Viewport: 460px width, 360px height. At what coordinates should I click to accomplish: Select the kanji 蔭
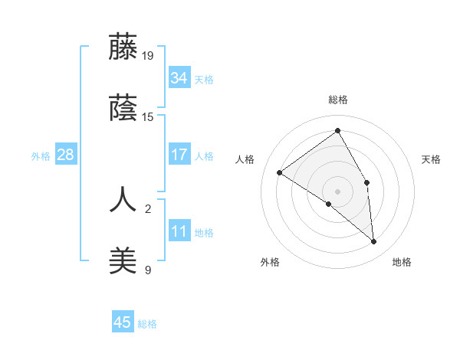(x=123, y=109)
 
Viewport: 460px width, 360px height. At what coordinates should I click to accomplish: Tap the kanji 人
(x=123, y=198)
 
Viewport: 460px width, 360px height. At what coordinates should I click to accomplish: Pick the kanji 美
(x=123, y=260)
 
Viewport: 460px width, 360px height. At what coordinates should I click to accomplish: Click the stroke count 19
(x=148, y=55)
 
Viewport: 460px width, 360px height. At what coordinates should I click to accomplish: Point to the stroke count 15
(x=148, y=117)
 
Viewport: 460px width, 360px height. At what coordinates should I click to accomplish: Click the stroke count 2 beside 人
(x=148, y=208)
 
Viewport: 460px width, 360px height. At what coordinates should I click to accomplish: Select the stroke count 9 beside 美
(x=148, y=270)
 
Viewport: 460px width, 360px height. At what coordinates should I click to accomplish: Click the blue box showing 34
(x=179, y=78)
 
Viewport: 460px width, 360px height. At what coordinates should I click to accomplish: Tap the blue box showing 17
(x=179, y=155)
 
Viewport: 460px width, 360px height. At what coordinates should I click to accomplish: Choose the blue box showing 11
(x=179, y=231)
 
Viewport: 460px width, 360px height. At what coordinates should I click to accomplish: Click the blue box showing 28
(x=66, y=155)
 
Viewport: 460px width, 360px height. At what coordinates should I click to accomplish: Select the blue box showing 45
(x=123, y=322)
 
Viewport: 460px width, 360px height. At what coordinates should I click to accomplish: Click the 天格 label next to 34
(x=203, y=79)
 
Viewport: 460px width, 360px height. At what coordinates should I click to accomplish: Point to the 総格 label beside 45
(x=147, y=323)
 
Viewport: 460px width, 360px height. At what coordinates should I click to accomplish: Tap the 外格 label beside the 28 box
(x=41, y=155)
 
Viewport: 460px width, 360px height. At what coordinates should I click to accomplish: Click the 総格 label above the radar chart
(x=337, y=100)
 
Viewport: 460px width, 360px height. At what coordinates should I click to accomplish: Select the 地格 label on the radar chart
(x=402, y=263)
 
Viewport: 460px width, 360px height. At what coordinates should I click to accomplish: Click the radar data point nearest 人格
(x=280, y=172)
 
